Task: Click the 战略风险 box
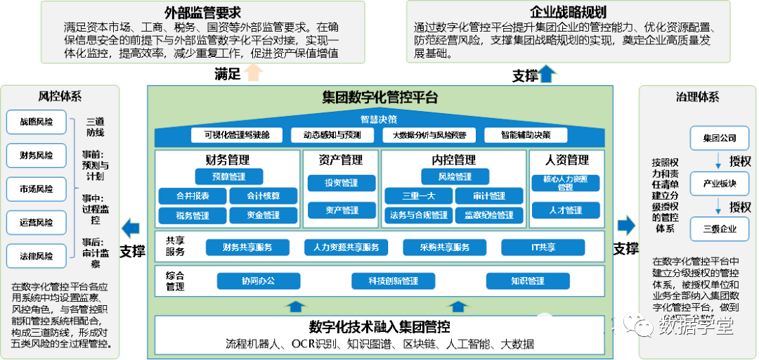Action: [35, 121]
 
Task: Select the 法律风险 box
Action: [35, 256]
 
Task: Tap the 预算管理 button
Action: [229, 176]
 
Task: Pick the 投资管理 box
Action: [342, 183]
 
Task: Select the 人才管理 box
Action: [566, 210]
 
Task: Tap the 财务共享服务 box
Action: [247, 247]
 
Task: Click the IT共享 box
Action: [543, 247]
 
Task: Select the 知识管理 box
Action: [527, 281]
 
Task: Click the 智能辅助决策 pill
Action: [526, 135]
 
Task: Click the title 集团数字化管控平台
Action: [380, 97]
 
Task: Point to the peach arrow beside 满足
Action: [254, 72]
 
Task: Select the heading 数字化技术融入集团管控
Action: [379, 327]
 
